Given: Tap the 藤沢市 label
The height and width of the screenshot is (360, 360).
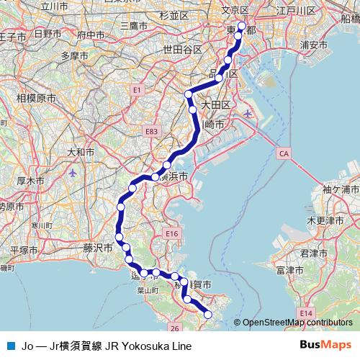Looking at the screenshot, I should (99, 247).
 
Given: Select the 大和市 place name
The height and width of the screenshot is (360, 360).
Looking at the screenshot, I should (80, 152).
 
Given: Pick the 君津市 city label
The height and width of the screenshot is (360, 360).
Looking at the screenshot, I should (314, 253).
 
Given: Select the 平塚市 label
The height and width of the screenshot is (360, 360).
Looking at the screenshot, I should (23, 250).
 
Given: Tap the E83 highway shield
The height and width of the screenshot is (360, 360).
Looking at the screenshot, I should (151, 132).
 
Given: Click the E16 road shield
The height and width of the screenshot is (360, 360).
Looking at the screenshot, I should (171, 234).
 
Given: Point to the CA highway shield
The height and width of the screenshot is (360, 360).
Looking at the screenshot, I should (284, 153).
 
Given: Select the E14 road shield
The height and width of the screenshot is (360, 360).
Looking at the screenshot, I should (306, 314).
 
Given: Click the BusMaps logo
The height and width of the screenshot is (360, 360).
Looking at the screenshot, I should (325, 345).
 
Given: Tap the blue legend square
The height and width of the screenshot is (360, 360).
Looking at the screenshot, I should (11, 346).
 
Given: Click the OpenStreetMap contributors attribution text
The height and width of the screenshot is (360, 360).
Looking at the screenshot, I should (297, 323).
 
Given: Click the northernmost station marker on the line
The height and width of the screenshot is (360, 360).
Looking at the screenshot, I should (241, 27).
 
